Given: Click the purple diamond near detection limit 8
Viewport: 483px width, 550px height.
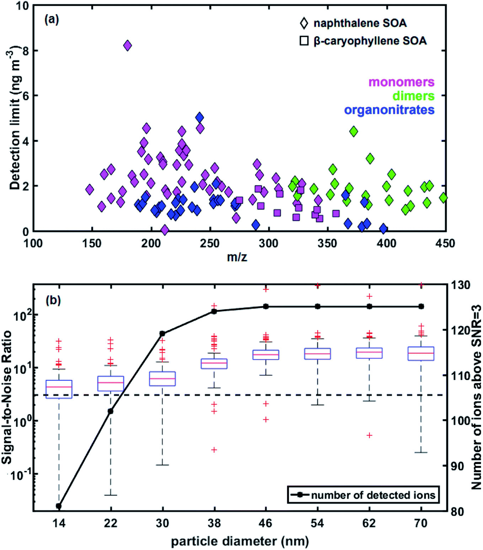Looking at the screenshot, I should pyautogui.click(x=128, y=46).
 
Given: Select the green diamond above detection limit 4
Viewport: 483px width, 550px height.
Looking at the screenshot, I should pyautogui.click(x=353, y=132).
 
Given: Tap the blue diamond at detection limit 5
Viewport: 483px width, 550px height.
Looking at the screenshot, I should pyautogui.click(x=199, y=117).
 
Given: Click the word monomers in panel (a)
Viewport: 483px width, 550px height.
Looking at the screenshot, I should pyautogui.click(x=401, y=82).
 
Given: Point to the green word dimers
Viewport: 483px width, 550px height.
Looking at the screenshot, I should pyautogui.click(x=413, y=96).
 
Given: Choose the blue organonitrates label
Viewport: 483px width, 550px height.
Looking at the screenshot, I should pyautogui.click(x=389, y=110).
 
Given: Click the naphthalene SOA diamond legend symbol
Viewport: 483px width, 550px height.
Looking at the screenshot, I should pyautogui.click(x=304, y=23).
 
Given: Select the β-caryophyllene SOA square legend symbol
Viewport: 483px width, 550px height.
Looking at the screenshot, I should pyautogui.click(x=304, y=41).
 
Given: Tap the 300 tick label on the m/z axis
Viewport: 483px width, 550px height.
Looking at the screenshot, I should pyautogui.click(x=268, y=244).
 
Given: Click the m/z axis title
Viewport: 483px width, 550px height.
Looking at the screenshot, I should pyautogui.click(x=237, y=257).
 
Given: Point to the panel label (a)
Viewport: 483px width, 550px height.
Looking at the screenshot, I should pyautogui.click(x=52, y=19).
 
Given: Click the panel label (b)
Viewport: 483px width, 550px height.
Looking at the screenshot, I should pyautogui.click(x=53, y=300).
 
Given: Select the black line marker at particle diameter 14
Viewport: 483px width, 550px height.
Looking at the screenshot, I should pyautogui.click(x=59, y=506).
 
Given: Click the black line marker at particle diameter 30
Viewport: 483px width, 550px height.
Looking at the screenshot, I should pyautogui.click(x=162, y=333).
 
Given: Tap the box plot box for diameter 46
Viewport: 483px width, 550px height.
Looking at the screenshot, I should pyautogui.click(x=266, y=355).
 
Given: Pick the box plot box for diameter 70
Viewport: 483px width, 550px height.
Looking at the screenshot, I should pyautogui.click(x=421, y=354).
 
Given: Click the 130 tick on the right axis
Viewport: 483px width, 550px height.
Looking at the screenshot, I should pyautogui.click(x=461, y=285).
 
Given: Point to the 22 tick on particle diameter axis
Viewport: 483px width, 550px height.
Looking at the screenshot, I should pyautogui.click(x=111, y=523).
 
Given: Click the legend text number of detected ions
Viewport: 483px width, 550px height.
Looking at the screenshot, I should pyautogui.click(x=373, y=495).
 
